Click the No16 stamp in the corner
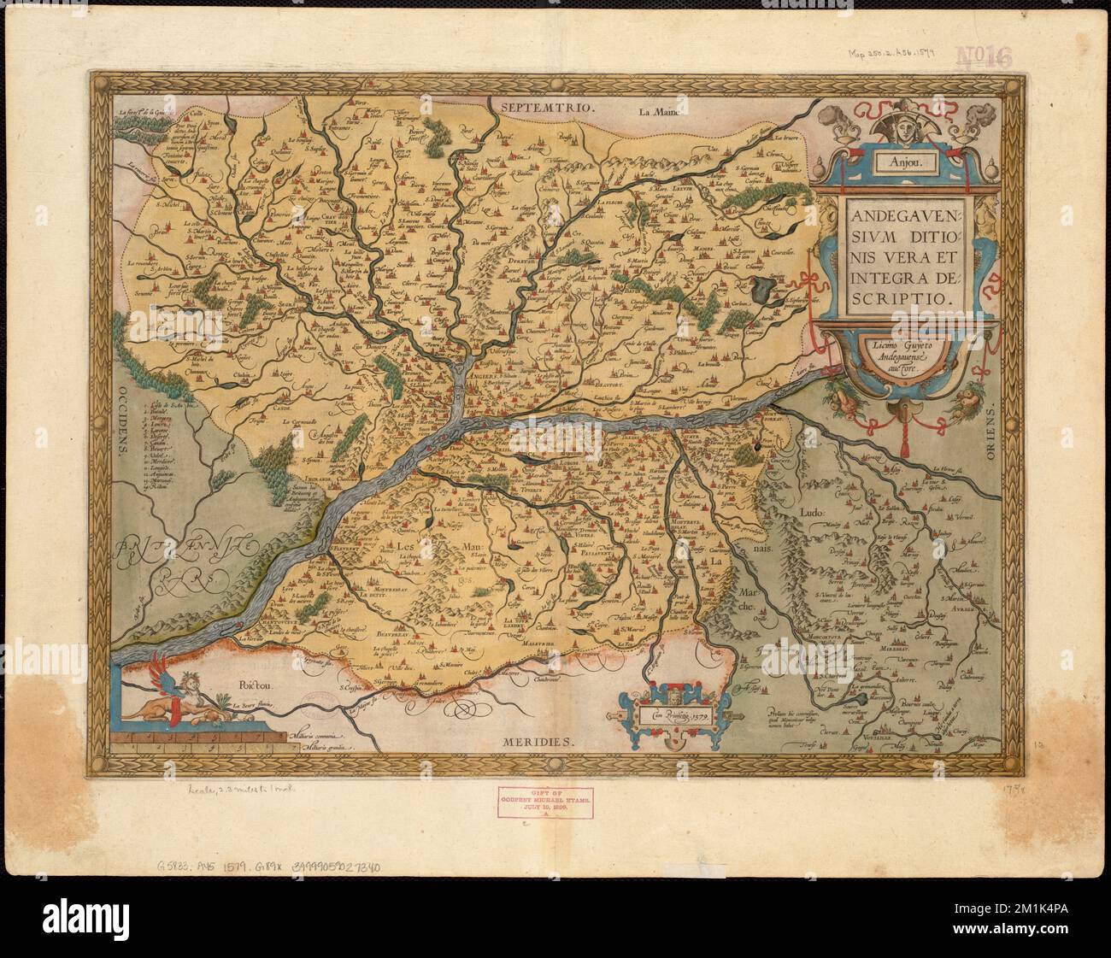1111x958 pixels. (x=983, y=59)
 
